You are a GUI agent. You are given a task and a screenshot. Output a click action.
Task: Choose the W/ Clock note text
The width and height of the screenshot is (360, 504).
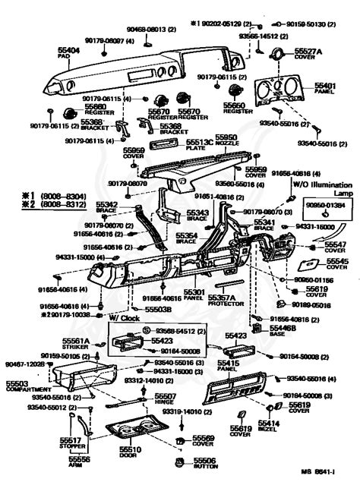pyautogui.click(x=124, y=317)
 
